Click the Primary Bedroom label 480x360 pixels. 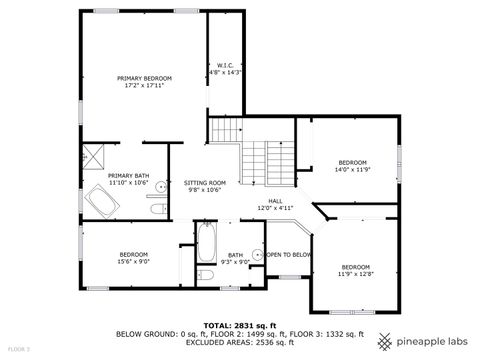pyautogui.click(x=144, y=78)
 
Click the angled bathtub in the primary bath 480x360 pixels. pyautogui.click(x=100, y=204)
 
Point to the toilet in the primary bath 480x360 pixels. pyautogui.click(x=157, y=208)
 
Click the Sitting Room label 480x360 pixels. pyautogui.click(x=205, y=183)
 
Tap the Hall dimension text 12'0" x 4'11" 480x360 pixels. pyautogui.click(x=275, y=208)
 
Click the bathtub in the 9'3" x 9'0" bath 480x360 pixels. pyautogui.click(x=205, y=241)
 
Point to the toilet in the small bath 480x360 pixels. pyautogui.click(x=205, y=273)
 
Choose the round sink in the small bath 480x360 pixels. pyautogui.click(x=256, y=256)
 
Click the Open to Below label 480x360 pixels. pyautogui.click(x=289, y=255)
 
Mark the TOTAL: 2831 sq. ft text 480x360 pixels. pyautogui.click(x=240, y=325)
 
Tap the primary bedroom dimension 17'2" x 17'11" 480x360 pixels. pyautogui.click(x=144, y=86)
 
